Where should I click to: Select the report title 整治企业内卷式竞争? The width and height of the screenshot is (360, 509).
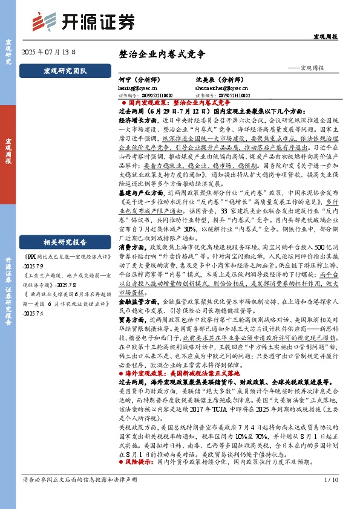pyautogui.click(x=162, y=53)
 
